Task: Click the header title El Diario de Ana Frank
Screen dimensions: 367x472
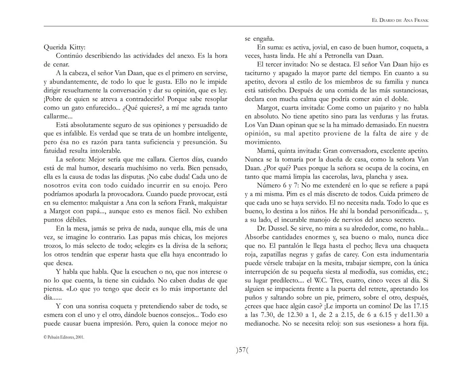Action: coord(400,20)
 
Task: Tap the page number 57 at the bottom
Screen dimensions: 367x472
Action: coord(242,350)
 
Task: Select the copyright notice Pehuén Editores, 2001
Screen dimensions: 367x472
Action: coord(64,337)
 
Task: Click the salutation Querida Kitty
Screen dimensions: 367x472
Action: coord(65,47)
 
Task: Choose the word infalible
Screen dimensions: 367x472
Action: coord(75,134)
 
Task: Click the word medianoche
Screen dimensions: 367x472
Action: coord(262,324)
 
